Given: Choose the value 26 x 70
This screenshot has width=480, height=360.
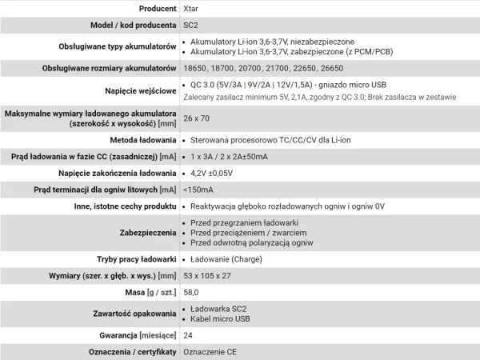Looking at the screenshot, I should point(198,118).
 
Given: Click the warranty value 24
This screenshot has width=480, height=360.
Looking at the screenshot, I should point(187,335).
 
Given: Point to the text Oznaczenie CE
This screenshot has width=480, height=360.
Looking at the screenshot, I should point(210,351).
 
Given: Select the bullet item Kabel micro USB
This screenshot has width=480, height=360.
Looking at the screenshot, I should point(227,319).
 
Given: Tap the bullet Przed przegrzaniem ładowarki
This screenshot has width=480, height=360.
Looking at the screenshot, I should point(245,221).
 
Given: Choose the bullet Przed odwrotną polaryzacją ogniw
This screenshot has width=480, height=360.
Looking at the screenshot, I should point(255,242).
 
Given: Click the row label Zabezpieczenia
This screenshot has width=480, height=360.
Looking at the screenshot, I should point(146,231).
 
